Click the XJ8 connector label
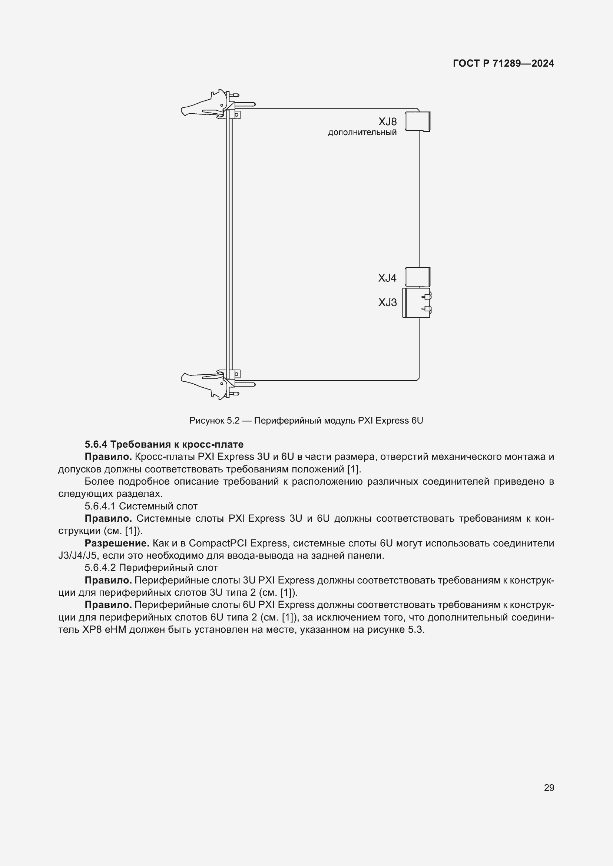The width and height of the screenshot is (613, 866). coord(388,122)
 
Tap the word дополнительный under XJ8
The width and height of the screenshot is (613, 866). coord(362,133)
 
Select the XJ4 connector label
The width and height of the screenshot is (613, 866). coord(387,278)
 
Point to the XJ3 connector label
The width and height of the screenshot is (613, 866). coord(388,302)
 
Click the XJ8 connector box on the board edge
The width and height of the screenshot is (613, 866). coord(418,121)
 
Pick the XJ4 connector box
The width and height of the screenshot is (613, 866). coord(417,277)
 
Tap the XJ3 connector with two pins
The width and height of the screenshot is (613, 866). coord(417,303)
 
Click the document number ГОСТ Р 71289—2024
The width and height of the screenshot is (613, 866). coord(503,63)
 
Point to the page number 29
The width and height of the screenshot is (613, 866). coord(549,788)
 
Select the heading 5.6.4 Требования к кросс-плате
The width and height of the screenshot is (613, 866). coord(164,444)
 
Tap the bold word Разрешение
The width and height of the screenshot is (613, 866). coord(117,544)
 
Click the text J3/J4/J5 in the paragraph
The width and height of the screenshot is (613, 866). coord(78,556)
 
